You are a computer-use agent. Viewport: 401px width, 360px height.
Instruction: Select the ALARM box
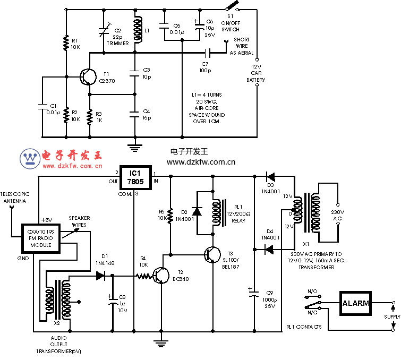(355, 303)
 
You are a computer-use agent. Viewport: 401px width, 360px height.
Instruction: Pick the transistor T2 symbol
(161, 275)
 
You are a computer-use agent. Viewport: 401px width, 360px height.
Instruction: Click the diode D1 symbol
(101, 276)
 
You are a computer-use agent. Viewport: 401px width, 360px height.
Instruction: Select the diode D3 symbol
(270, 176)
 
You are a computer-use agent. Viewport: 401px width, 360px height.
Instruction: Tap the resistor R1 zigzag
(66, 44)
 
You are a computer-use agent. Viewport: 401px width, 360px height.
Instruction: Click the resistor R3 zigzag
(90, 116)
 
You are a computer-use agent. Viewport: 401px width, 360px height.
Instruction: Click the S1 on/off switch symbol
(231, 7)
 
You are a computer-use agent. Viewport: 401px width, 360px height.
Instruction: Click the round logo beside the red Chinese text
(30, 158)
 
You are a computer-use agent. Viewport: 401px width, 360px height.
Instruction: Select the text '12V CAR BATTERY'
(255, 72)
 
